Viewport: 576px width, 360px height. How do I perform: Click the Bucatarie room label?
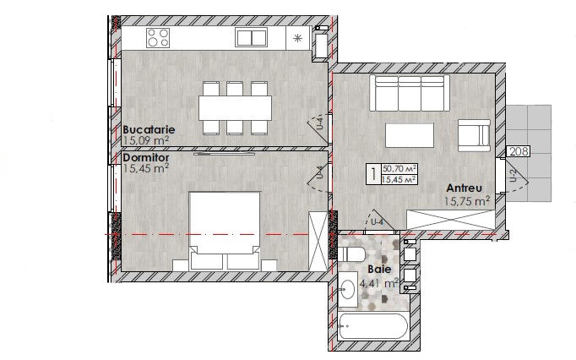149,130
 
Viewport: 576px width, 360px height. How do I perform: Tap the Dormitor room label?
146,158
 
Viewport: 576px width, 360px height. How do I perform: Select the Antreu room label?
464,188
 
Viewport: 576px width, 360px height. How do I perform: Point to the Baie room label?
379,270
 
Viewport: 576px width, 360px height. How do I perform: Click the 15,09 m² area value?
146,140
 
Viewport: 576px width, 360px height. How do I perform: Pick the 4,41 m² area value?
379,283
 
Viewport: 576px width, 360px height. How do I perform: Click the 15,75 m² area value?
467,201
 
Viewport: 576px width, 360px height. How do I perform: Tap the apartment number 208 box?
519,151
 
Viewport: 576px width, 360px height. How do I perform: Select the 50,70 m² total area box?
399,169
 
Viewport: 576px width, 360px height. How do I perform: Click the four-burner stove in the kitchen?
158,38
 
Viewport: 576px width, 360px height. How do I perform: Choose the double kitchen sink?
252,38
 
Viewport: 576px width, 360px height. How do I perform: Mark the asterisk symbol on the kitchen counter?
297,38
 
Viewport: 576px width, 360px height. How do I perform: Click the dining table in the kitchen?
235,107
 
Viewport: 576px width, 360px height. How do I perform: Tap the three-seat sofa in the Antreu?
410,93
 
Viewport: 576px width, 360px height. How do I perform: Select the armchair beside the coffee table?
475,135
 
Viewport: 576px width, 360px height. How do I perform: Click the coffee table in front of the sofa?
410,135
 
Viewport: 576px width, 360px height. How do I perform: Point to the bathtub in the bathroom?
373,326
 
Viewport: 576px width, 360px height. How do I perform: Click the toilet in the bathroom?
350,254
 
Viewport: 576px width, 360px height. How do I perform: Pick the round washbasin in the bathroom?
347,289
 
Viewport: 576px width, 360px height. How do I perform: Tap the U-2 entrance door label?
514,176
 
